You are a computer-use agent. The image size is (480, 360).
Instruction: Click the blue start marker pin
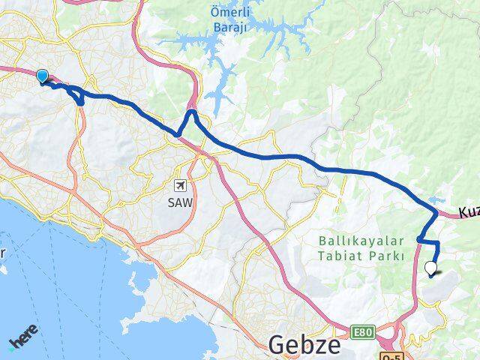click(x=42, y=76)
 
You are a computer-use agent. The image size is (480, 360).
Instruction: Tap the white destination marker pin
click(x=430, y=268)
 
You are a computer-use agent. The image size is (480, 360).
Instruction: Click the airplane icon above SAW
click(x=181, y=184)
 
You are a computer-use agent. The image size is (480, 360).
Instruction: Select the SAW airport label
click(x=181, y=202)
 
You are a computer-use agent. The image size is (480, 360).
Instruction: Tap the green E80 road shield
click(x=363, y=332)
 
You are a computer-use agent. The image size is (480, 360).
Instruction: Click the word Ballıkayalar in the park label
click(x=361, y=241)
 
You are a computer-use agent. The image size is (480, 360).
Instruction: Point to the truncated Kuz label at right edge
click(x=468, y=213)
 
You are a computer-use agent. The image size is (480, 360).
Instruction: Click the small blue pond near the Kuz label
click(x=434, y=201)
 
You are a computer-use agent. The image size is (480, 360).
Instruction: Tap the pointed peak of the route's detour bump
click(x=192, y=112)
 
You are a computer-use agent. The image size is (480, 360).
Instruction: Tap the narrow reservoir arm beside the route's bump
click(x=216, y=94)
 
